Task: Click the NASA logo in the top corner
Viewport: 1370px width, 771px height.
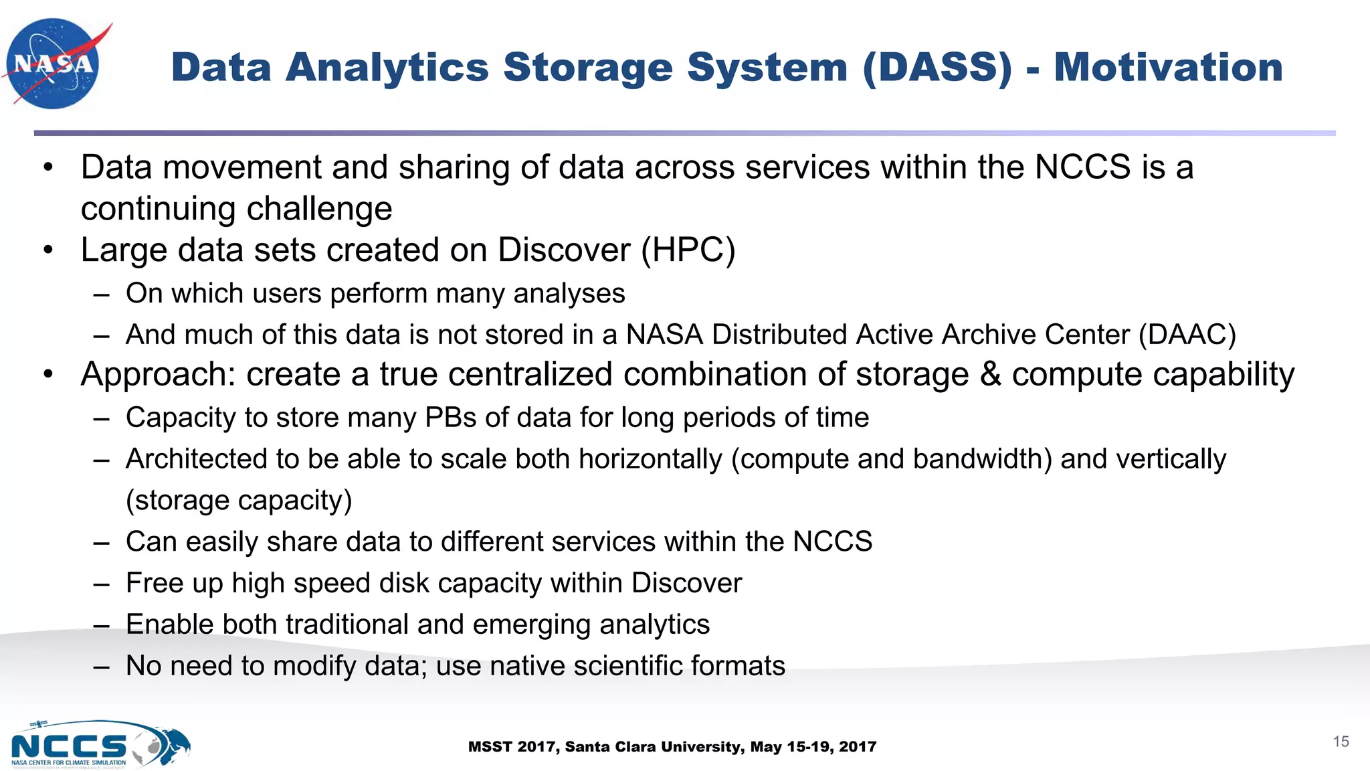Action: click(54, 64)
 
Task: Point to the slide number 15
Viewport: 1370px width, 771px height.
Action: click(1341, 742)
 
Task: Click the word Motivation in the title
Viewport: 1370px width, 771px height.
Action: click(1168, 68)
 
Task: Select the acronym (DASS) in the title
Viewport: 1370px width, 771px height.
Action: click(937, 68)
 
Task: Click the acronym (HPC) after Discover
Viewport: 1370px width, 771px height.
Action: click(688, 250)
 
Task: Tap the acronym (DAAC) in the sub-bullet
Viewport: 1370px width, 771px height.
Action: click(1187, 335)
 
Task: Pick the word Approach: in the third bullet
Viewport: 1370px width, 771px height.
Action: click(158, 375)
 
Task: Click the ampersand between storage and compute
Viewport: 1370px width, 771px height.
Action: click(990, 374)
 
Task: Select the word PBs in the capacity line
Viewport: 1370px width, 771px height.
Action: click(450, 418)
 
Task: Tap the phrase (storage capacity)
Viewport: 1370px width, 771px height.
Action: click(239, 501)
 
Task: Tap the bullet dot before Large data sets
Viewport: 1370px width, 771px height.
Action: click(47, 250)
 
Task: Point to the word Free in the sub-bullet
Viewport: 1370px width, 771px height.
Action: click(154, 583)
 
